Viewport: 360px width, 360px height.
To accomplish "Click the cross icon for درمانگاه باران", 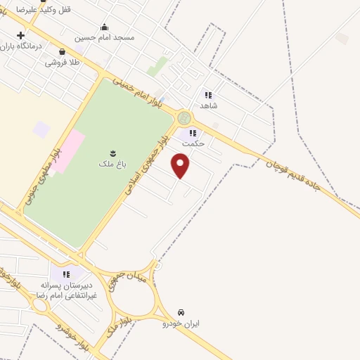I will (21, 35).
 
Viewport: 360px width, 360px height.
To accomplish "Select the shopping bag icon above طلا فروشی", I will (63, 51).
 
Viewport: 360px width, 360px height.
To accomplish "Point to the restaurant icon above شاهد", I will (208, 95).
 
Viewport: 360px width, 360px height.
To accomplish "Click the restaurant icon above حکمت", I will (193, 132).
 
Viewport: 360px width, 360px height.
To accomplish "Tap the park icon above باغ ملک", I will (112, 153).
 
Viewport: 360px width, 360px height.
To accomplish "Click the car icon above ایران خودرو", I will (181, 311).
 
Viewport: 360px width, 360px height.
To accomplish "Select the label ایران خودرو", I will (181, 323).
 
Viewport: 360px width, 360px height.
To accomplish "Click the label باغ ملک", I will (112, 164).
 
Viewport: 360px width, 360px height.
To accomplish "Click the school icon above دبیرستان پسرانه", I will (66, 274).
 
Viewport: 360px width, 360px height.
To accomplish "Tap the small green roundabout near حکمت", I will (184, 117).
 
